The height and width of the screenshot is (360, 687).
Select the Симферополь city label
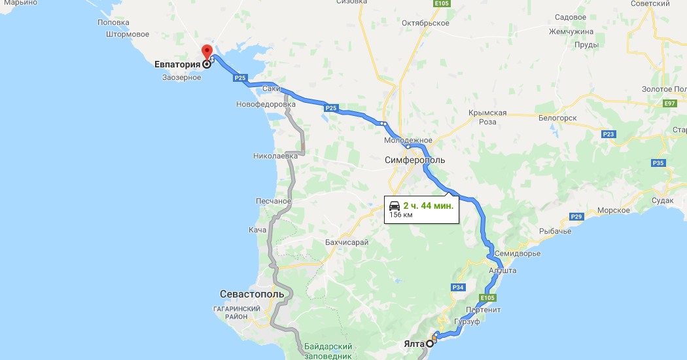(415, 160)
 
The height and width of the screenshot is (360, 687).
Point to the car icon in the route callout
(395, 206)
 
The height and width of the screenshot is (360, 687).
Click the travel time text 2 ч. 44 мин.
(428, 206)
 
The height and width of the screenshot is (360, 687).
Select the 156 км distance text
(401, 215)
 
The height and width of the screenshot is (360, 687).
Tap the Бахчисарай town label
(347, 242)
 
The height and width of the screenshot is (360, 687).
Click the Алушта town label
(503, 270)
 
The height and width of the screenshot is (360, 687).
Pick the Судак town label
(662, 200)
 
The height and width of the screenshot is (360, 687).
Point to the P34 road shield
(458, 287)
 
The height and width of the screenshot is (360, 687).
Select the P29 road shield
(576, 217)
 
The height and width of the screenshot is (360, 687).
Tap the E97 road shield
(669, 103)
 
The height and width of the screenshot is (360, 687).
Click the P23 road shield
(608, 134)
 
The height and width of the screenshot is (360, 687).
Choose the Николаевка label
(275, 156)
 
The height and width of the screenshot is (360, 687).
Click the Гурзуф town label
(467, 323)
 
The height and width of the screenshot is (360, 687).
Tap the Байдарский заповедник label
(328, 351)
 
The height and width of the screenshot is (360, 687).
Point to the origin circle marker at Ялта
(430, 343)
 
